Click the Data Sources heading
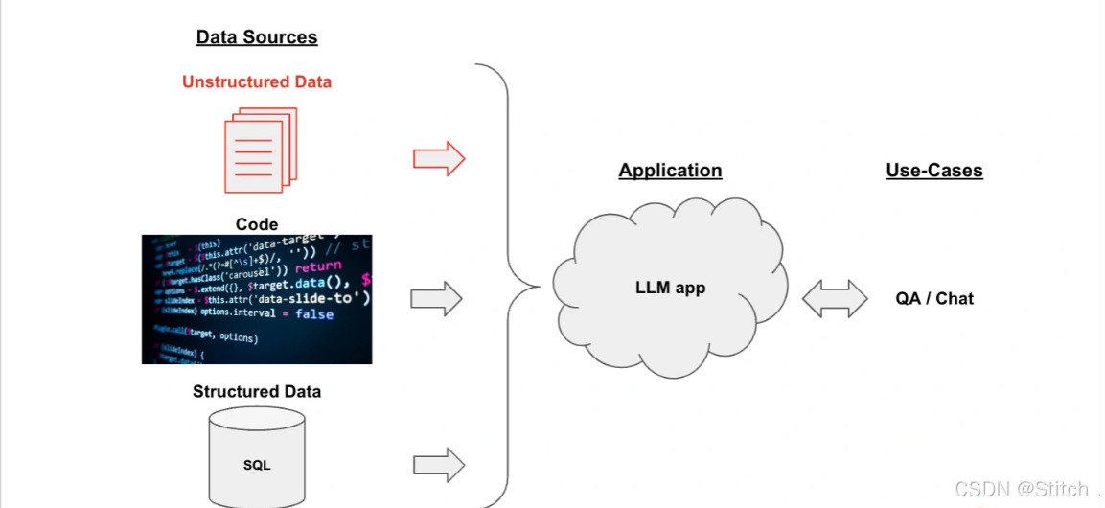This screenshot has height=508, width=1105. [x=257, y=37]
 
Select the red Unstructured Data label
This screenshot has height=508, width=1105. [x=257, y=82]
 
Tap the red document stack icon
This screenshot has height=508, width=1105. [x=260, y=150]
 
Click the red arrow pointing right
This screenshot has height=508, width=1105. [x=439, y=158]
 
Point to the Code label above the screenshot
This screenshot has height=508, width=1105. [x=257, y=224]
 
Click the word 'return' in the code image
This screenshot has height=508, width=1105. [x=318, y=266]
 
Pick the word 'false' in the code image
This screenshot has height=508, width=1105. [x=314, y=313]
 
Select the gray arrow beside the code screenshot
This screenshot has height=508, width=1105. [x=437, y=299]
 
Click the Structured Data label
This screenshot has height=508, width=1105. [x=257, y=391]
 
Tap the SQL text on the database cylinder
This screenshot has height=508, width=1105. [x=257, y=465]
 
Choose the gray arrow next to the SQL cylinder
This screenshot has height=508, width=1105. [x=439, y=465]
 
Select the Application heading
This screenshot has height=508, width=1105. [x=670, y=171]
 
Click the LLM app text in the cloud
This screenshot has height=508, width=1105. [x=670, y=288]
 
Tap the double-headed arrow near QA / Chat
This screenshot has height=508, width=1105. [x=835, y=299]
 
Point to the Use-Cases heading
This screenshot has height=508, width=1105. [x=934, y=171]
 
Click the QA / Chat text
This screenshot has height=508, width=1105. [x=934, y=299]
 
